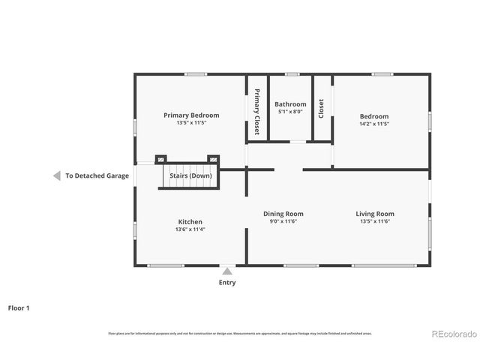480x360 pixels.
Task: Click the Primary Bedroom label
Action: (x=191, y=115)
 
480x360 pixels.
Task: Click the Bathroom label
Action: (x=290, y=104)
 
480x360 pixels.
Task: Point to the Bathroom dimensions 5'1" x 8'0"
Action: (x=290, y=112)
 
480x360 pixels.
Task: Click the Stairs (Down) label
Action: (x=190, y=175)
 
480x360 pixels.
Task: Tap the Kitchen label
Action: (x=190, y=222)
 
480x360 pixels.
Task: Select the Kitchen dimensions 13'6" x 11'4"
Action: (x=190, y=229)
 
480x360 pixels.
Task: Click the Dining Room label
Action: (x=283, y=214)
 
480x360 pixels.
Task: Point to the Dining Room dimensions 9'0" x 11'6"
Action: (x=283, y=221)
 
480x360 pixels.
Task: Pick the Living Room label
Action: (x=374, y=214)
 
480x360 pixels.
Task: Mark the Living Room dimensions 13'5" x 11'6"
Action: (x=374, y=221)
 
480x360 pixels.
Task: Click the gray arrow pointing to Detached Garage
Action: (x=56, y=175)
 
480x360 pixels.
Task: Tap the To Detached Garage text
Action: (x=97, y=175)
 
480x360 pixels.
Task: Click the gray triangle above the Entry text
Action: (x=226, y=270)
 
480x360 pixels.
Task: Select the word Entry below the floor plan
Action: (x=226, y=283)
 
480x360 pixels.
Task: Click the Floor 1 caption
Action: (x=19, y=307)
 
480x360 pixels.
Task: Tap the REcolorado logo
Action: (x=451, y=334)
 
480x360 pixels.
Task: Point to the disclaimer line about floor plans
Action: (x=239, y=334)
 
